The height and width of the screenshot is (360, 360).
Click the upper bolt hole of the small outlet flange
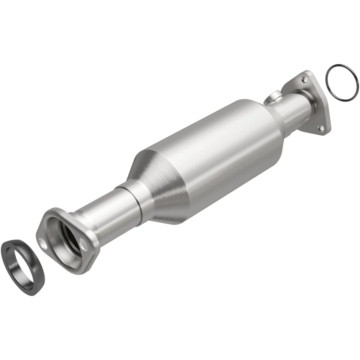pos(303,79)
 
